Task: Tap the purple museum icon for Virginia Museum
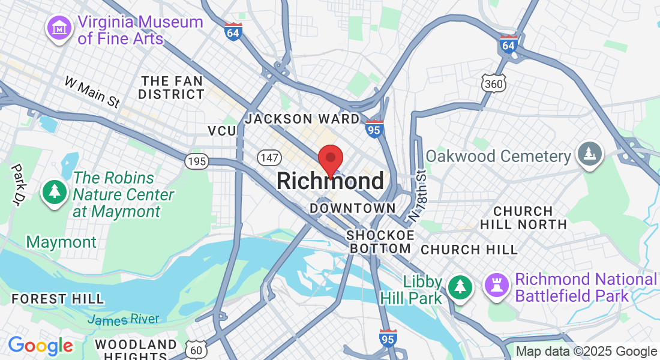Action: [x=60, y=28]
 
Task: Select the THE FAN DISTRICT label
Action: [x=171, y=88]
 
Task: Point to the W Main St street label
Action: [x=92, y=92]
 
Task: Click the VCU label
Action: [x=222, y=131]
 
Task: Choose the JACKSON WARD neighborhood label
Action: [x=302, y=119]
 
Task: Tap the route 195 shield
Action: [x=197, y=161]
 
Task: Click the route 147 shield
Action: [x=268, y=157]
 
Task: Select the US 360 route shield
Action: [x=494, y=83]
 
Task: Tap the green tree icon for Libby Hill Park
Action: [x=460, y=287]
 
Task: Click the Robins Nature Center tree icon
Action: [x=55, y=191]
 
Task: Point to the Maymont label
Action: [x=61, y=242]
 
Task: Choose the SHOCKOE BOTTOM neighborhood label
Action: [x=380, y=241]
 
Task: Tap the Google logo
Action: [x=40, y=346]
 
